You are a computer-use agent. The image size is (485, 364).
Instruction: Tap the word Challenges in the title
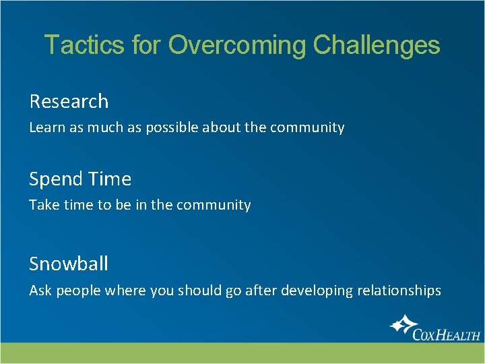pos(377,45)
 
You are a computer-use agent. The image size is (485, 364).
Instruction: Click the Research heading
pos(69,101)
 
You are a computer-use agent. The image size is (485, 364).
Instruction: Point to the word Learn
pos(44,127)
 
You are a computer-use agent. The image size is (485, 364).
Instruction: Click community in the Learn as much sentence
pos(307,127)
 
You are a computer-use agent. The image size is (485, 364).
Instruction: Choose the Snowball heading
pos(69,264)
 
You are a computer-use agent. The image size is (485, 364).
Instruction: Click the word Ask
pos(40,291)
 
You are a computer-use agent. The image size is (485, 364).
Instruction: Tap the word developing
pos(315,291)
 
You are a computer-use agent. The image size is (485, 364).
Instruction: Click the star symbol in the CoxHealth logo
pos(403,325)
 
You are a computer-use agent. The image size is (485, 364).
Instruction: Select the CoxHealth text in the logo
pos(447,334)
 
